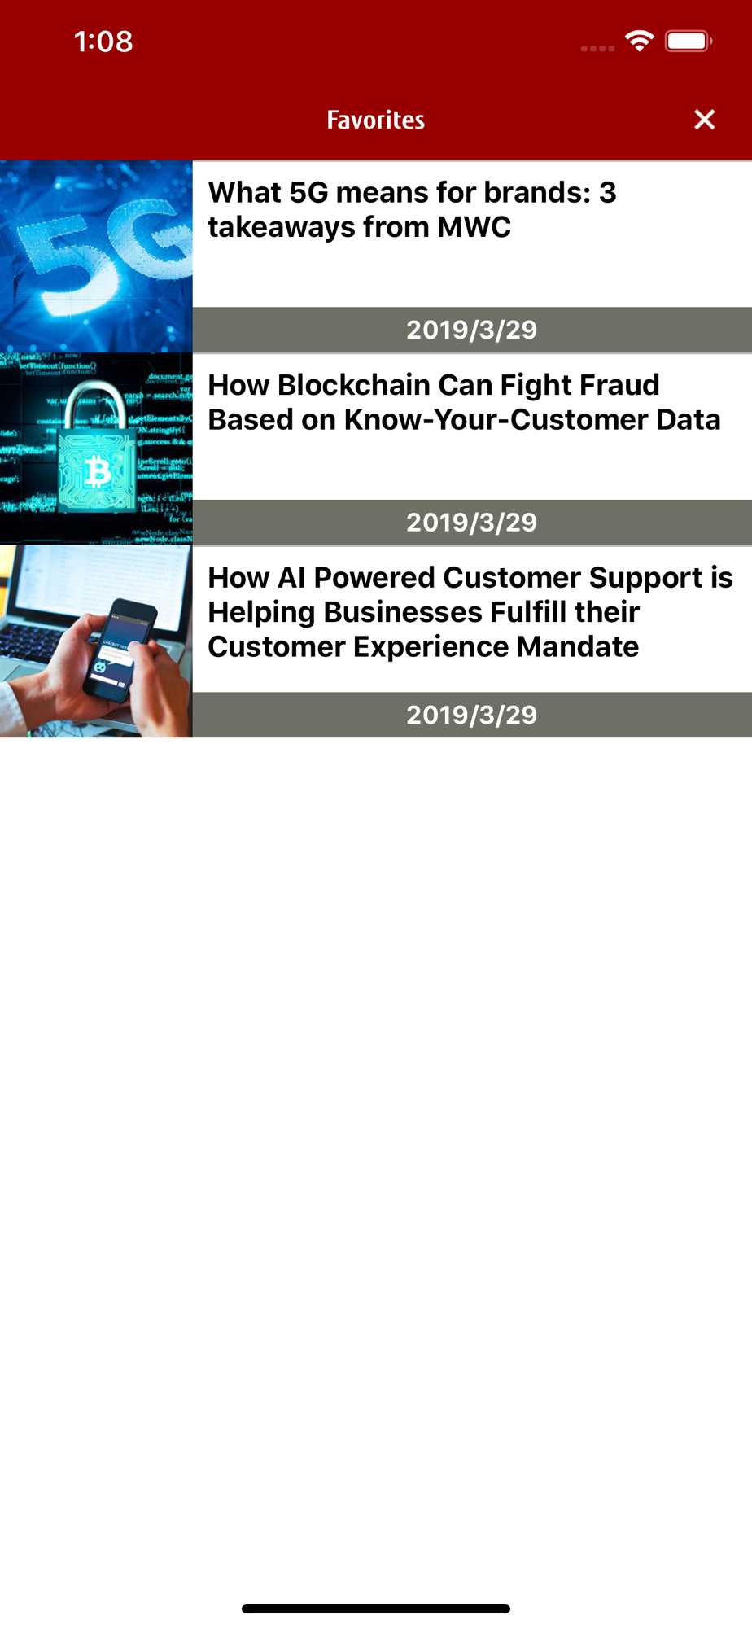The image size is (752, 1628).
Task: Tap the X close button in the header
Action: tap(705, 120)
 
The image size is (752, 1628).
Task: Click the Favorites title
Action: tap(376, 120)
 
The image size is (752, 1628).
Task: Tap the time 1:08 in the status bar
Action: tap(103, 42)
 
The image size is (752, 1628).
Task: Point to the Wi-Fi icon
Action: tap(640, 41)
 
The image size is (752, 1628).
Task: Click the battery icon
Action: tap(689, 41)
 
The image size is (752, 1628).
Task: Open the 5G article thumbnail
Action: tap(96, 256)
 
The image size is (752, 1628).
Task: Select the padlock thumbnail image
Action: tap(96, 449)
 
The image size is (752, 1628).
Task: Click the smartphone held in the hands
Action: tap(122, 647)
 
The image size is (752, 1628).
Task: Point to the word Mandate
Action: tap(578, 647)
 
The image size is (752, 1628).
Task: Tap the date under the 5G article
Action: tap(472, 330)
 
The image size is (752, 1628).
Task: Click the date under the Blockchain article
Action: tap(472, 523)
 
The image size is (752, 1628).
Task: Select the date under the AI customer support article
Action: tap(472, 715)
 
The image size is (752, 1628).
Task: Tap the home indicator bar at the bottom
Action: tap(376, 1608)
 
